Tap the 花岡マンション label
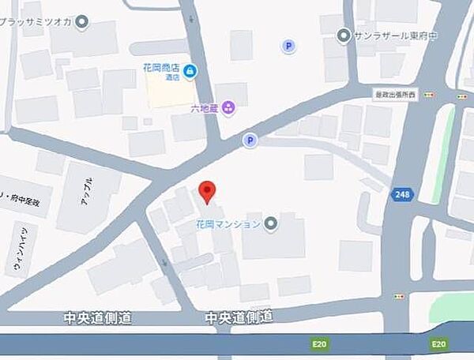[228, 224]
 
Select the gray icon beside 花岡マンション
[271, 223]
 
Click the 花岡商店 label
[161, 69]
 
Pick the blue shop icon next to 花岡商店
[190, 72]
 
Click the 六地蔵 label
[205, 107]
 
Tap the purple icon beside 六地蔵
[228, 107]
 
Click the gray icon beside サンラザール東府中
[343, 35]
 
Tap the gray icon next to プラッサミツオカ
[82, 21]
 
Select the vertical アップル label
[86, 190]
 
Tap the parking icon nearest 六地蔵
[250, 141]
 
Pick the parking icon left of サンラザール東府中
[288, 47]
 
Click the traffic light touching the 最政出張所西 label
[428, 94]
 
